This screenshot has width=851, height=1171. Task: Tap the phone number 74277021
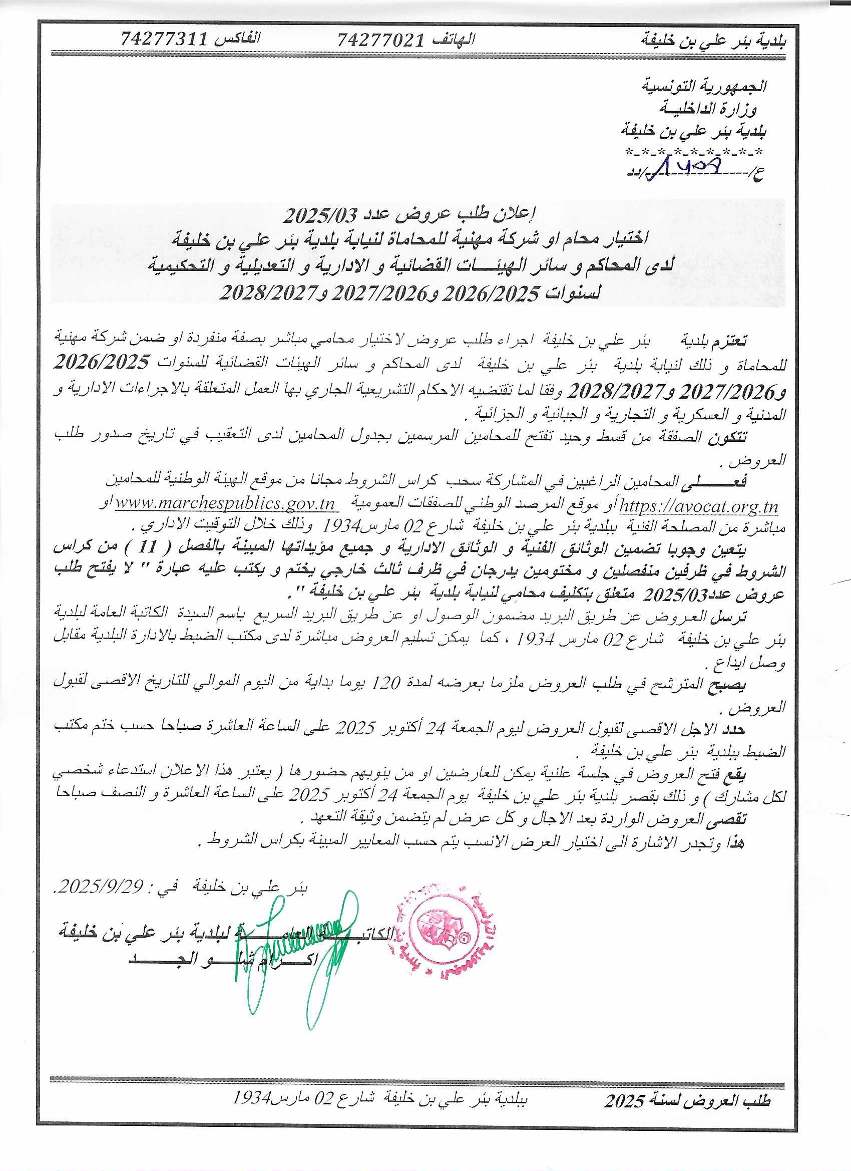click(x=380, y=40)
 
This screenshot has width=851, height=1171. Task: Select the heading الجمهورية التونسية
click(x=707, y=86)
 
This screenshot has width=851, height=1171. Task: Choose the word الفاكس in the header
click(x=241, y=38)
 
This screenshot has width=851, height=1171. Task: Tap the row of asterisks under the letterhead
click(x=696, y=152)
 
